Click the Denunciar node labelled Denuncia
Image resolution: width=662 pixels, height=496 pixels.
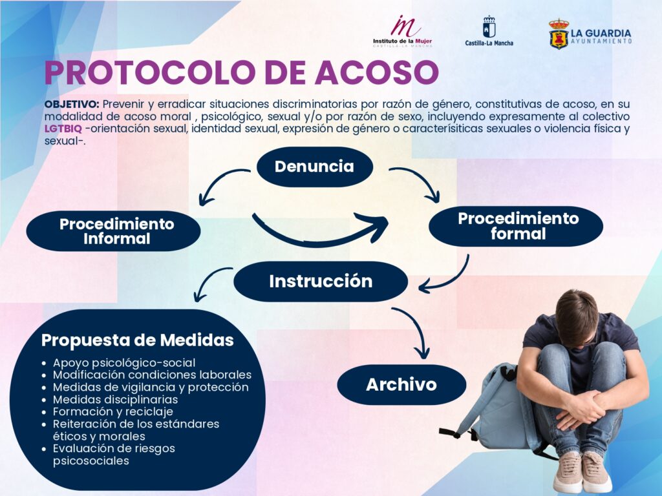coord(315,167)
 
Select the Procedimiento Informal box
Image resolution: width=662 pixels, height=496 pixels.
coord(113,231)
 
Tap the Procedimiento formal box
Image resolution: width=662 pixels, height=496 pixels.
coord(516,226)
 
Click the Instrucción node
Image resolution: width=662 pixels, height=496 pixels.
coord(321,282)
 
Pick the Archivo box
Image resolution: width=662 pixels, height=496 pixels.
coord(401,385)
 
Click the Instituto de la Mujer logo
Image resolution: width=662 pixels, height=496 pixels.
coord(402,31)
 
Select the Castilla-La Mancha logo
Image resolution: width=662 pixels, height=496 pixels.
coord(489,31)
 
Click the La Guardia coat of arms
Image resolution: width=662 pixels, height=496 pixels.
coord(559,34)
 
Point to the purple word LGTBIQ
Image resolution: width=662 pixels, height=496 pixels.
coord(63,129)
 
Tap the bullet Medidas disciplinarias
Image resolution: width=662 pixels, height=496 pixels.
coord(115,399)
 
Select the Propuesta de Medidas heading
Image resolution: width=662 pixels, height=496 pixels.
coord(138,340)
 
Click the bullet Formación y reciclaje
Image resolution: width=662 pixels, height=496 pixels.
coord(112,411)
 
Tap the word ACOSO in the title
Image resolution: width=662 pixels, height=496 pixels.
coord(377,72)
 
